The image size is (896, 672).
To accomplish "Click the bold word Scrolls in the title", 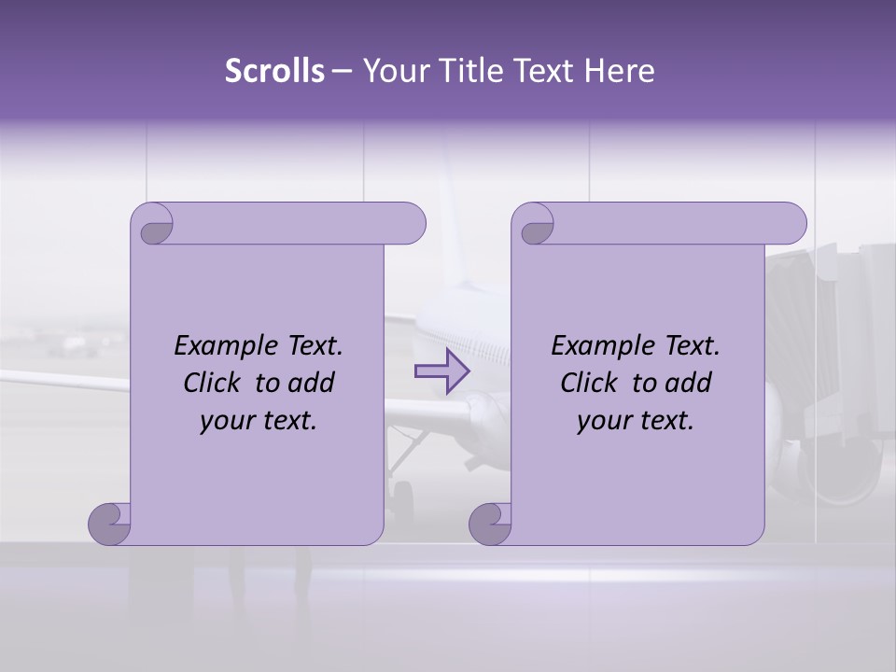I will (274, 71).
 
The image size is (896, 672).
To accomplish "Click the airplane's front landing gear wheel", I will (402, 492).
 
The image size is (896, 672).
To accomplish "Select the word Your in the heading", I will (391, 71).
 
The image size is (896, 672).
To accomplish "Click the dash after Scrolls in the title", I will (342, 71).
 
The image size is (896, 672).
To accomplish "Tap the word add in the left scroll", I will (312, 383).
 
